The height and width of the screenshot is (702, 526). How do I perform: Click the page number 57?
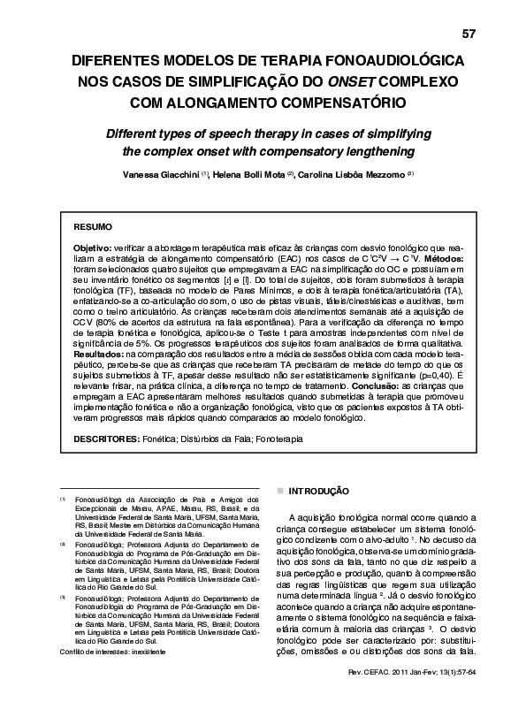tap(469, 34)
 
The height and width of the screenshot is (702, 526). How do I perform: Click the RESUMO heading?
tap(92, 227)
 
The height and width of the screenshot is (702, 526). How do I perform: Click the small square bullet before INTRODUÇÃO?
tap(280, 489)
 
